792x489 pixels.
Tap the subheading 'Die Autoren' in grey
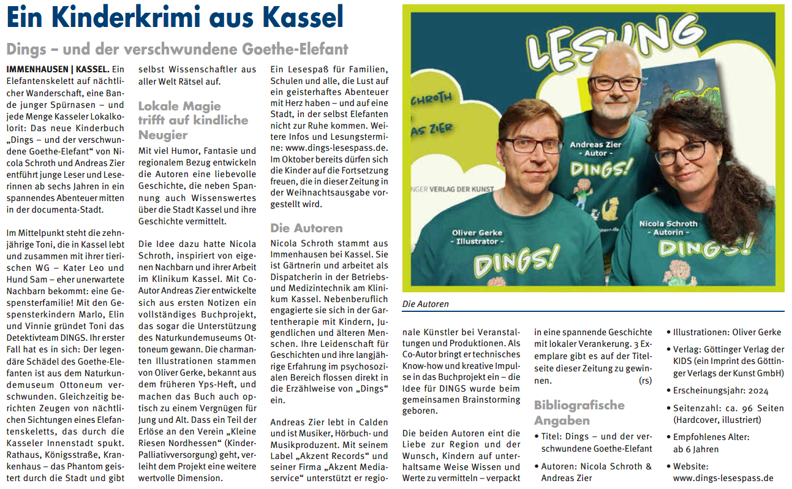coord(306,228)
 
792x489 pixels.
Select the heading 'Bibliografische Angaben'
coord(579,412)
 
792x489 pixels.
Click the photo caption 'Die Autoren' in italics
coord(425,304)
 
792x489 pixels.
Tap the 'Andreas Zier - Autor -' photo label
coord(595,150)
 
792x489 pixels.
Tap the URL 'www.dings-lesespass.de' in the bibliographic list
coord(723,479)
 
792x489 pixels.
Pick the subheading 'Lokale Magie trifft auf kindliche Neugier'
coord(193,120)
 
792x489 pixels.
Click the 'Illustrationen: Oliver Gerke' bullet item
coord(726,332)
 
